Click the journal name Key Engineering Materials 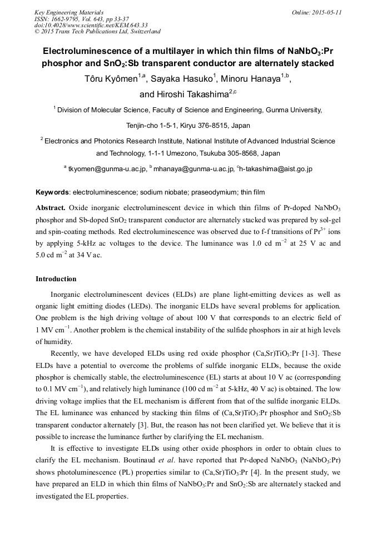coord(69,12)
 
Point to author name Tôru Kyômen coord(111,79)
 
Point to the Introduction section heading coord(56,279)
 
